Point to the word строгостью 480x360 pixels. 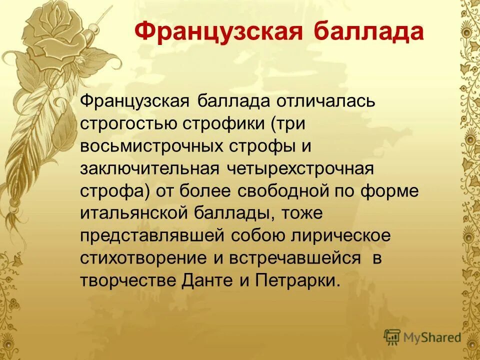point(126,123)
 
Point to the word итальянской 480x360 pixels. point(132,213)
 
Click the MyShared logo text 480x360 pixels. point(432,337)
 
